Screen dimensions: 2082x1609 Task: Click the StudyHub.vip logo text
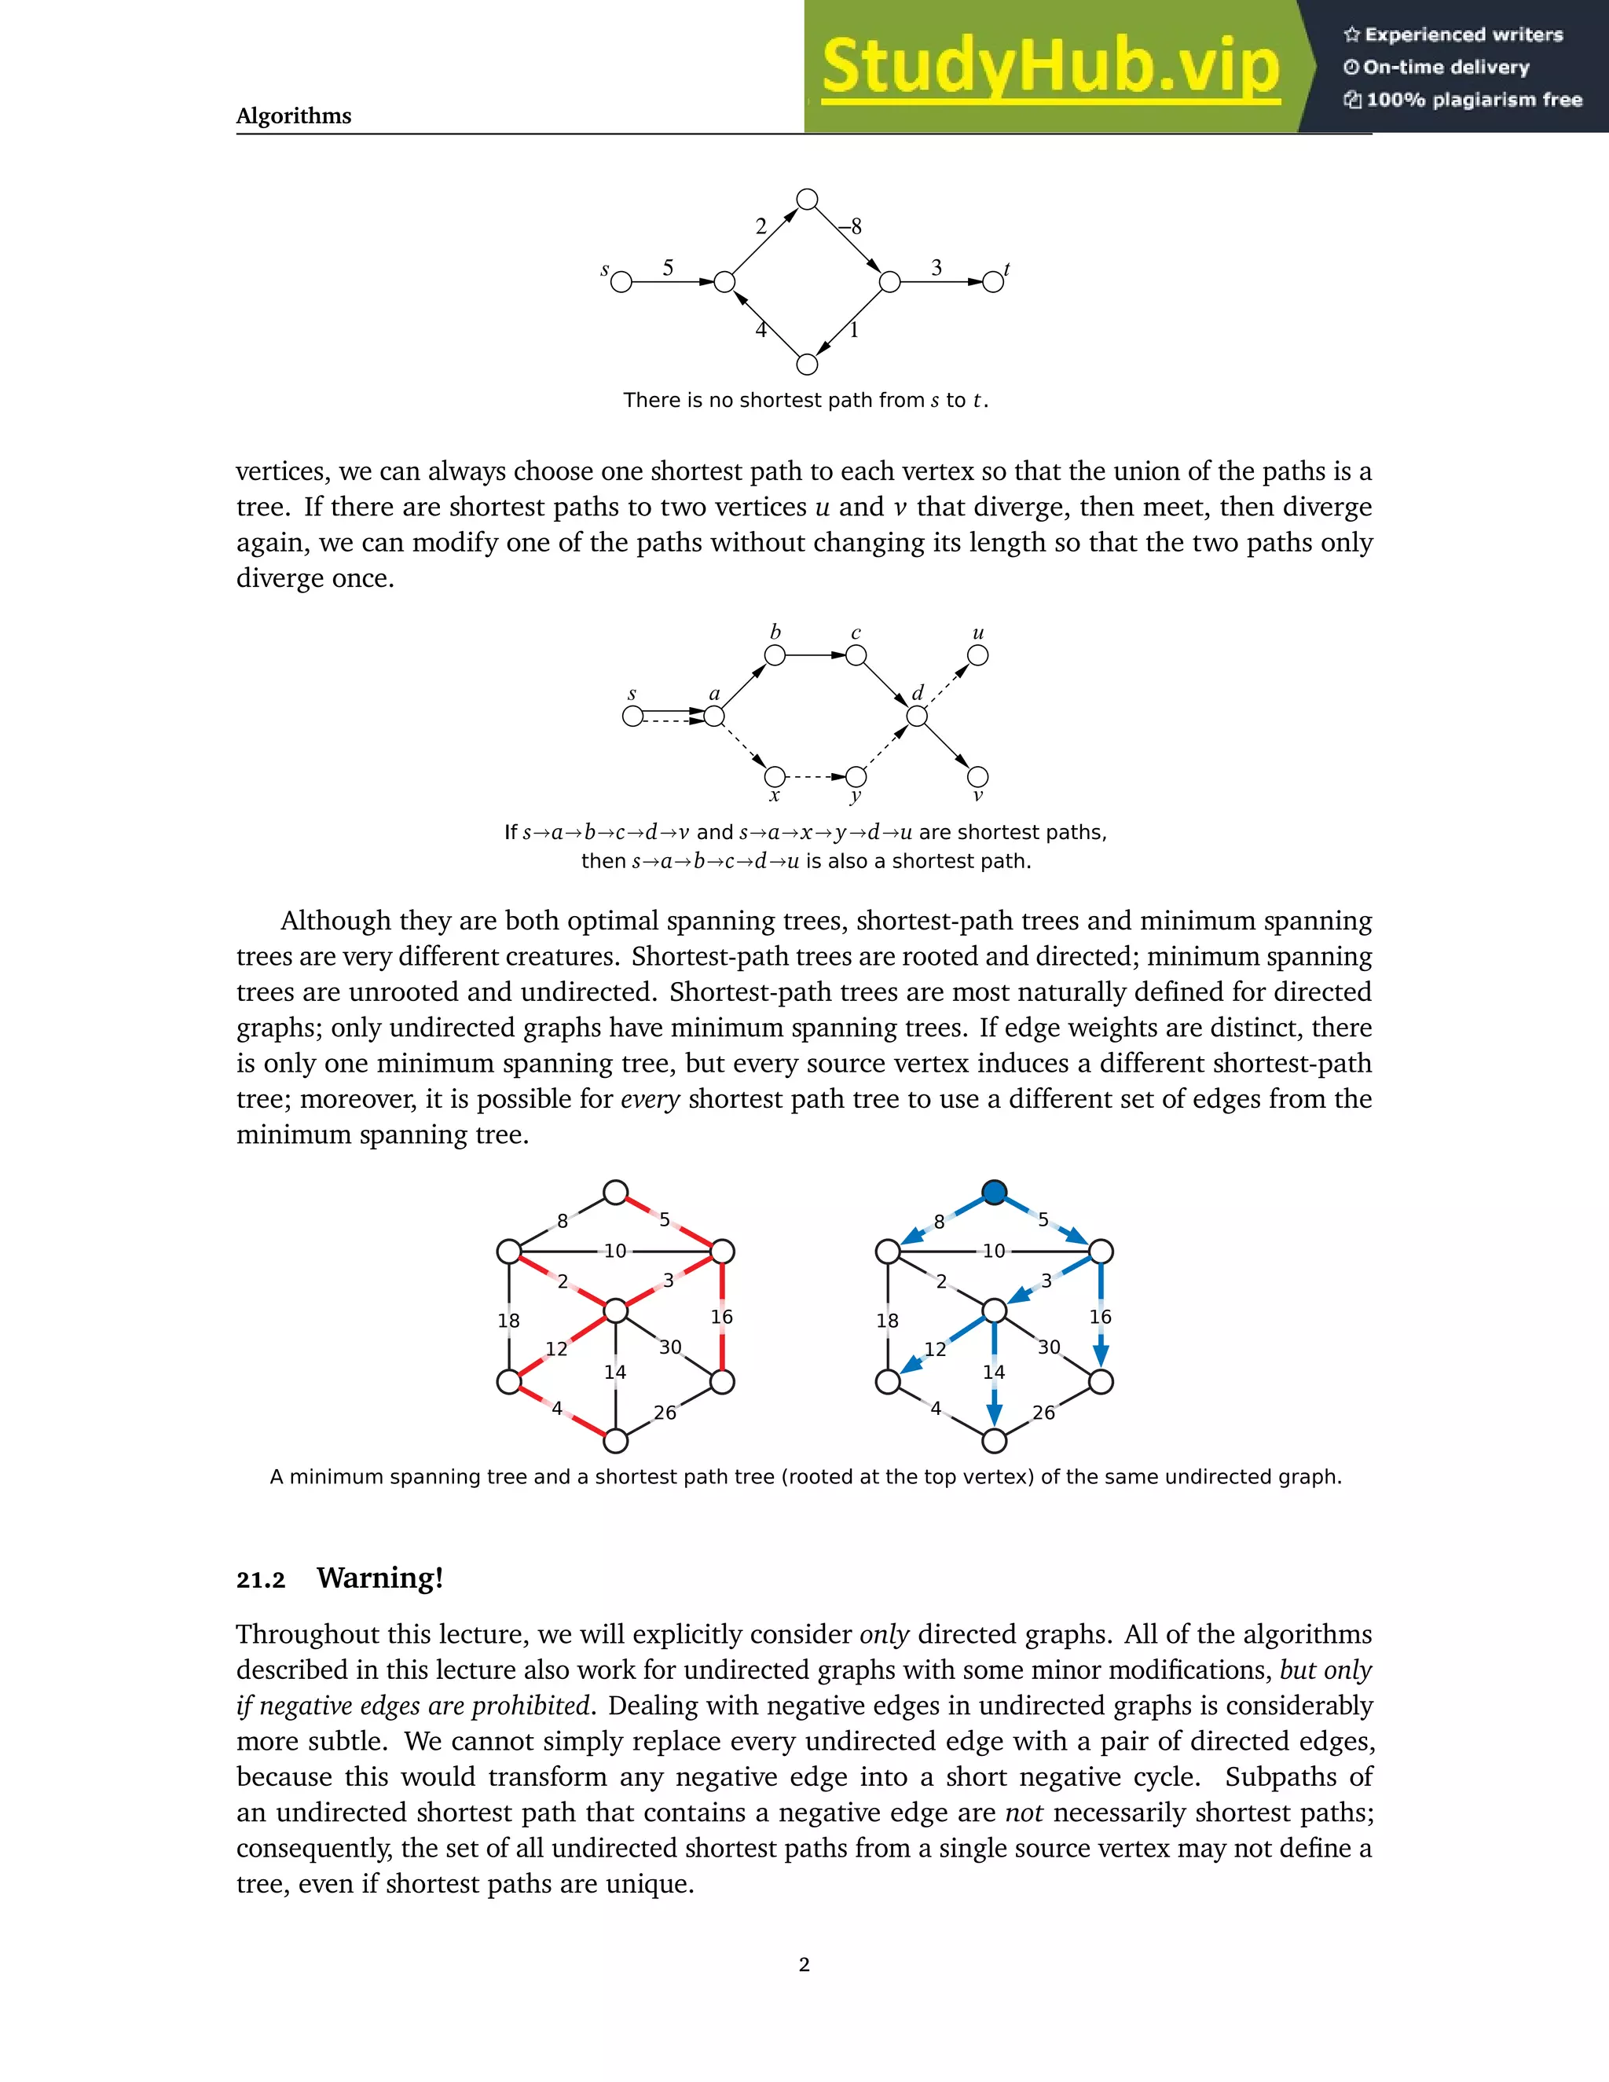[1050, 67]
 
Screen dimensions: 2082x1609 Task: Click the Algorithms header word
[294, 116]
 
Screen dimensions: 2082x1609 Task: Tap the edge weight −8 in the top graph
[850, 226]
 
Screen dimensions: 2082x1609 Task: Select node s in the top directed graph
[621, 282]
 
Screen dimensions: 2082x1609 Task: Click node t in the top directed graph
[992, 282]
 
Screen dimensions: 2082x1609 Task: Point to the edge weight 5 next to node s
[669, 268]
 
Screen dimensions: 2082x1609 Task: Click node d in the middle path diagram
[917, 716]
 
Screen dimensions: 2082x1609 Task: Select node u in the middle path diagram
[978, 656]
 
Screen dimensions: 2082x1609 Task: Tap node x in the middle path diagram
[775, 776]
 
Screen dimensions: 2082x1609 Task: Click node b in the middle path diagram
[775, 656]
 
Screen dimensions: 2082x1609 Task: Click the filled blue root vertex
[994, 1193]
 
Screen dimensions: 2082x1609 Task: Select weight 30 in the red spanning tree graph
[670, 1347]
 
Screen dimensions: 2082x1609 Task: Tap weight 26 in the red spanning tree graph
[665, 1413]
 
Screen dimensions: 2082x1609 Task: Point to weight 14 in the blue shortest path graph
[994, 1372]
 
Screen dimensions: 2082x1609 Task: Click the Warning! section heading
[380, 1578]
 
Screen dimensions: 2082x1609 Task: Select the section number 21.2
[261, 1581]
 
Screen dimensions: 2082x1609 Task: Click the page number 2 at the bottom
[804, 1964]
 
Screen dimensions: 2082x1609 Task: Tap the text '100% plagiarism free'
[1474, 100]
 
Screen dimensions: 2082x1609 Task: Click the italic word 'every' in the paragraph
[650, 1099]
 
